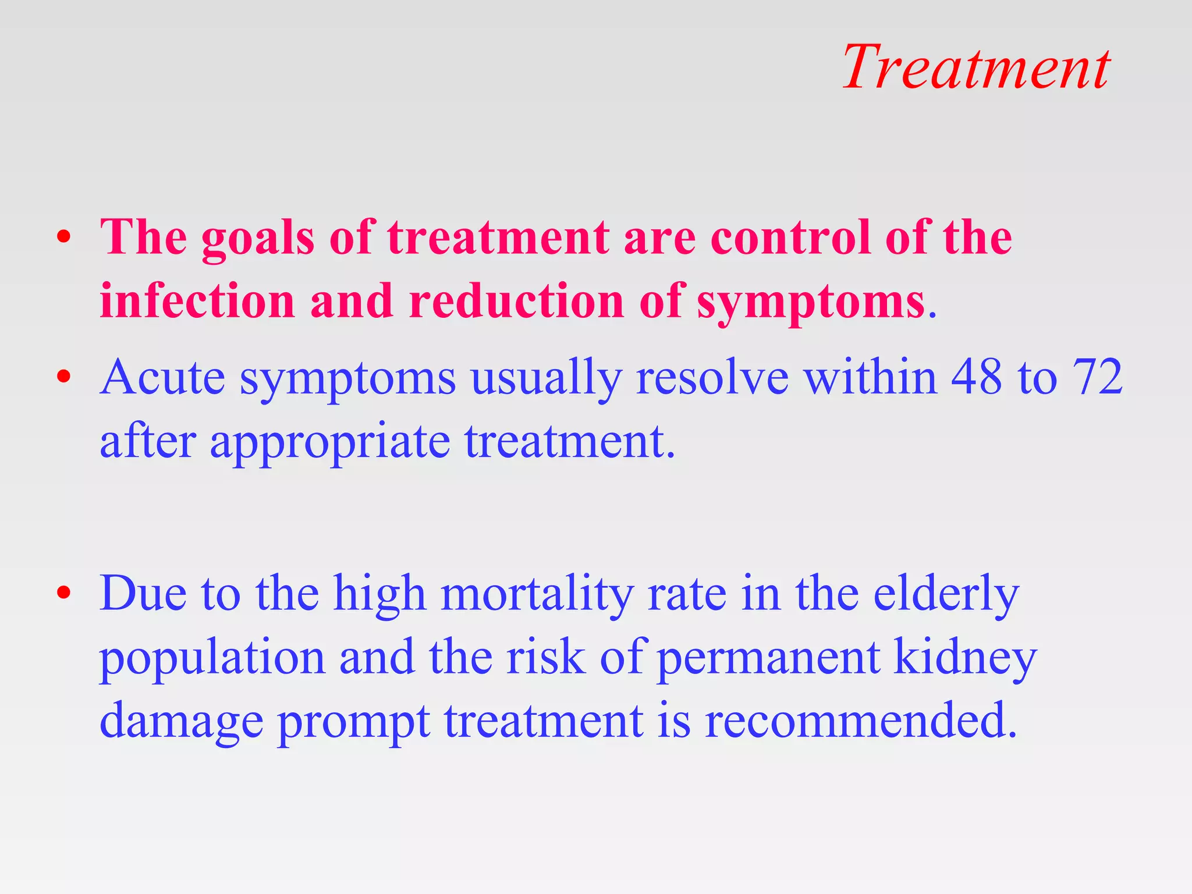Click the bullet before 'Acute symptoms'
pos(64,377)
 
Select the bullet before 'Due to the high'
pos(64,593)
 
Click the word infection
pos(197,301)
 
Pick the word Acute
pos(162,377)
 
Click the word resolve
pos(712,377)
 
